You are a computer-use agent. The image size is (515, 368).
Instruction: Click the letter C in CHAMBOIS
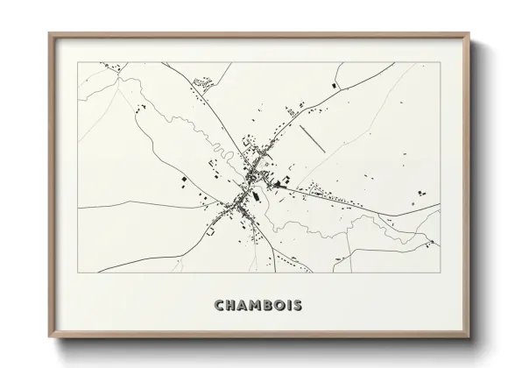(219, 306)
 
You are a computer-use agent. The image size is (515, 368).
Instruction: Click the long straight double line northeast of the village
(313, 138)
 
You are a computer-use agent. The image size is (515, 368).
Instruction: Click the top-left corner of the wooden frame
(49, 32)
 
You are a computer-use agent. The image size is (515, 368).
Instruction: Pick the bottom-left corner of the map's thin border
(78, 272)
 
